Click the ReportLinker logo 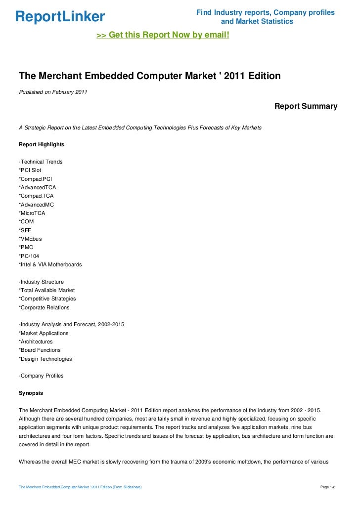[60, 17]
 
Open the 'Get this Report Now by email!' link [163, 36]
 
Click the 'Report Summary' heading [306, 106]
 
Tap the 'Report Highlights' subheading [41, 145]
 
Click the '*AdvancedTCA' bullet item [38, 187]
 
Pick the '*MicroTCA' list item [32, 213]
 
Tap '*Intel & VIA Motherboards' [50, 264]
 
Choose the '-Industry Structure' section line [41, 282]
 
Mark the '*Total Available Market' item [46, 290]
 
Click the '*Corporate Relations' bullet [44, 307]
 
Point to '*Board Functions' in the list [40, 350]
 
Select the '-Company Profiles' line [41, 376]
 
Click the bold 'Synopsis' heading [31, 393]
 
